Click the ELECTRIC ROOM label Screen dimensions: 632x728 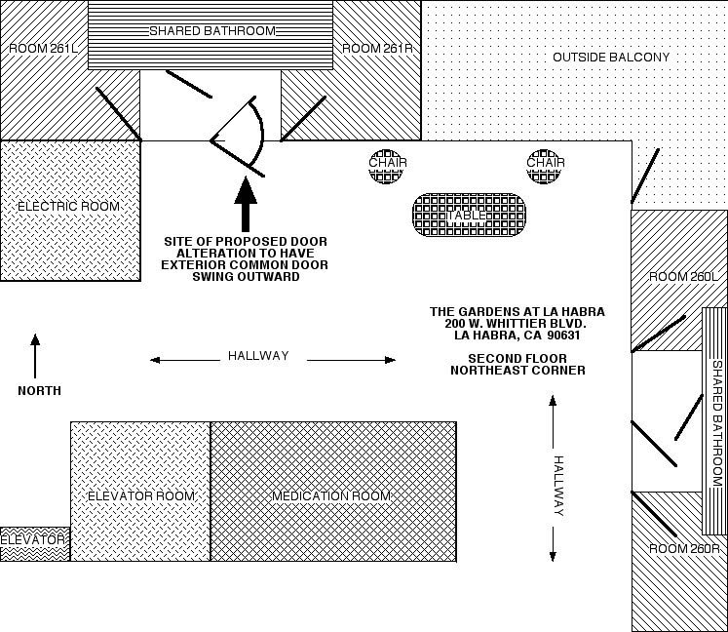click(68, 207)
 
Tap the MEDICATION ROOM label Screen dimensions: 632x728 click(331, 496)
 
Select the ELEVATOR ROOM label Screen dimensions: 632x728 click(141, 496)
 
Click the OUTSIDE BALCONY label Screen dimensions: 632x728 click(611, 58)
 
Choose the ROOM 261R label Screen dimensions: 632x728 click(375, 48)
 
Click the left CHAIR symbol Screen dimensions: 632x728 click(387, 165)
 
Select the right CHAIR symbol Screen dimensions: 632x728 click(545, 165)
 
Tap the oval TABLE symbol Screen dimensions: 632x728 click(469, 215)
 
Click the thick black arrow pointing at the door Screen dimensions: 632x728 click(246, 204)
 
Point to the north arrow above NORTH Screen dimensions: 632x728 click(35, 356)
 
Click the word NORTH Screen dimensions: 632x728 click(39, 391)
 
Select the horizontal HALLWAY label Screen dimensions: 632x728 click(258, 356)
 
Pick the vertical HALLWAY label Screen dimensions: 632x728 click(558, 486)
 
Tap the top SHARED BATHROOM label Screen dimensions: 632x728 click(211, 31)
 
